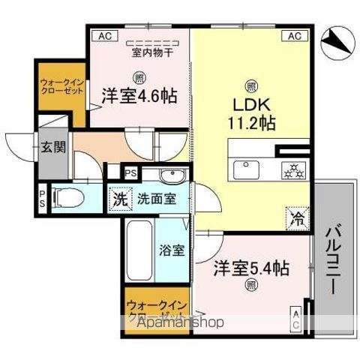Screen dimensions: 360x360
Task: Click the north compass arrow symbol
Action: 337,43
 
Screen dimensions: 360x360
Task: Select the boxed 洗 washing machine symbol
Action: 120,200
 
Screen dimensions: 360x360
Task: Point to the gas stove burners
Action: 291,169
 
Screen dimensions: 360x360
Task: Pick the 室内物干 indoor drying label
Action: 153,52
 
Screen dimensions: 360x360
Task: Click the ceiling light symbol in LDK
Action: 250,84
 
